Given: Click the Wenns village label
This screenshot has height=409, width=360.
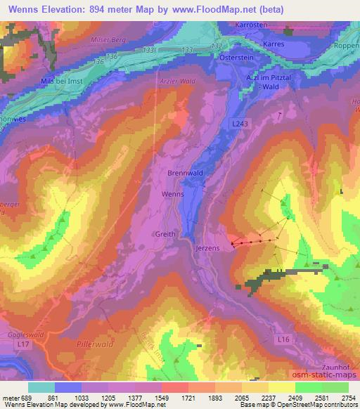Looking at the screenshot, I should (173, 193).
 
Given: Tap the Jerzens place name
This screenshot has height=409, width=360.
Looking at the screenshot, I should (208, 249).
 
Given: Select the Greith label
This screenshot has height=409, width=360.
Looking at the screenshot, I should (165, 235).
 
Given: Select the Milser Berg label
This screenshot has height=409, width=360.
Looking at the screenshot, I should (108, 40).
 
